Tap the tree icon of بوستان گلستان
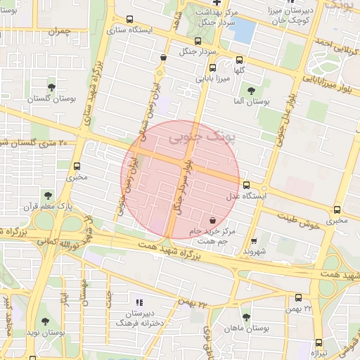(x=51, y=86)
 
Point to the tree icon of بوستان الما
(x=251, y=90)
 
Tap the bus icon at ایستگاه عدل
(x=246, y=186)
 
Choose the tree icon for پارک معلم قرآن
(x=47, y=195)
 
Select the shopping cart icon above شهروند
(x=254, y=240)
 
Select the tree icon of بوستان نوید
(x=45, y=321)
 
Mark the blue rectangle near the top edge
(x=243, y=30)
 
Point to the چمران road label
(x=60, y=32)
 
